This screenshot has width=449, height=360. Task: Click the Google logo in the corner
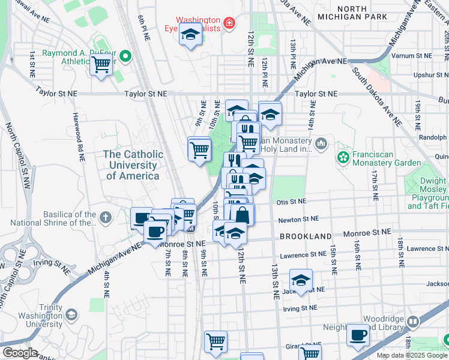(19, 353)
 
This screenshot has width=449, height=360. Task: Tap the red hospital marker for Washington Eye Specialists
(228, 24)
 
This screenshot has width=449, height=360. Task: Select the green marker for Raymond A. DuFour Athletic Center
(125, 58)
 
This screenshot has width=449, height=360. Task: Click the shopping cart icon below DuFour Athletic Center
(101, 65)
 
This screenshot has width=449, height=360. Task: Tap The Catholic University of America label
(133, 165)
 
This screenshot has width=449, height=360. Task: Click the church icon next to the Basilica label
(106, 218)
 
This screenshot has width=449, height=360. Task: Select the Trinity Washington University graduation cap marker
(71, 315)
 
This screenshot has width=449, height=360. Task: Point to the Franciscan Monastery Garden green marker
(343, 158)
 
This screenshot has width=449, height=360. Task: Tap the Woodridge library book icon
(412, 322)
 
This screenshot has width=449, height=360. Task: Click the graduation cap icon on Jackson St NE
(301, 280)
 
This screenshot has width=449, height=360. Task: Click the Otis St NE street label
(291, 202)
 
